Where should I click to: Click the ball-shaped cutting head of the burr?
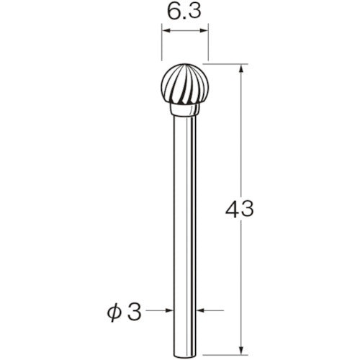184,84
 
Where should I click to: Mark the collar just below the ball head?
184,112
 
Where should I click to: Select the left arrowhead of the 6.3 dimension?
165,32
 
